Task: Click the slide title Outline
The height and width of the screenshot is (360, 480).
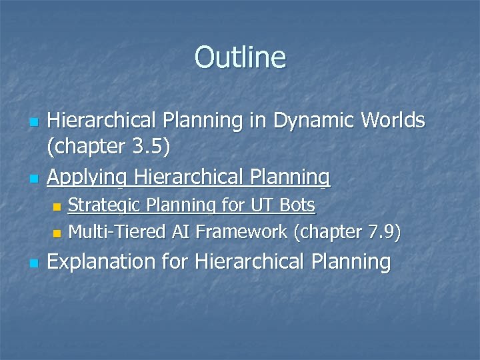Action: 240,57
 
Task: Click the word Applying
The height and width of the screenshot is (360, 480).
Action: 88,177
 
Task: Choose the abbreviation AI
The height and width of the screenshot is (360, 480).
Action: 178,232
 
